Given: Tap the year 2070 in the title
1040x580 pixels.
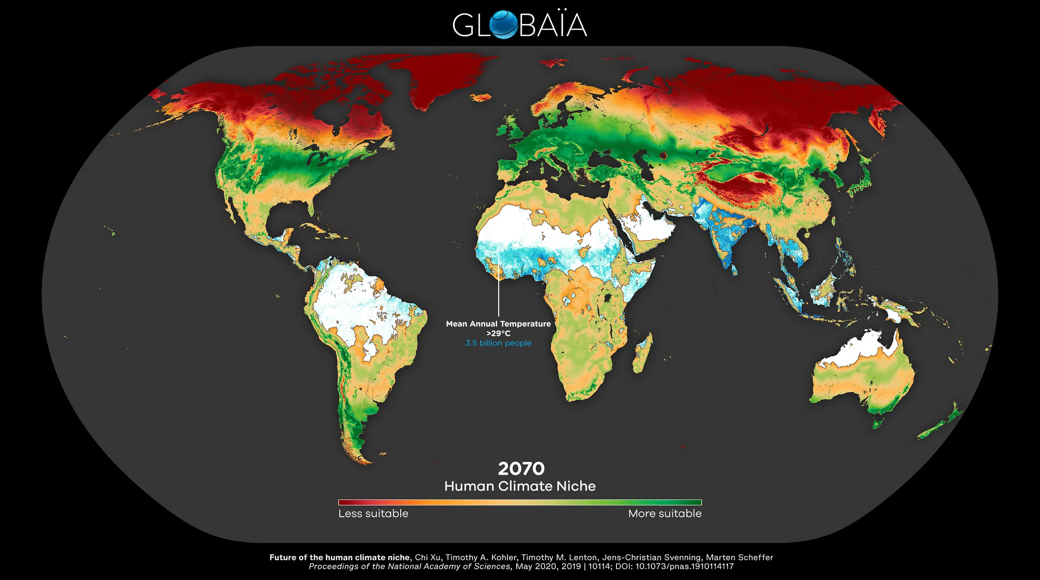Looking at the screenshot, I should pyautogui.click(x=521, y=469).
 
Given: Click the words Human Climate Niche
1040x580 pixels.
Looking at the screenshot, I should pyautogui.click(x=520, y=486).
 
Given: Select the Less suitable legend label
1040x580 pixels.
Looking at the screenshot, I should pyautogui.click(x=373, y=513).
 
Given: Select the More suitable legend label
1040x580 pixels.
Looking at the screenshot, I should pyautogui.click(x=664, y=513).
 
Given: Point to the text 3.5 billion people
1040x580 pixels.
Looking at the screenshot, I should pyautogui.click(x=498, y=343).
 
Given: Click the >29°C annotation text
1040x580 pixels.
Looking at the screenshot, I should pyautogui.click(x=498, y=333).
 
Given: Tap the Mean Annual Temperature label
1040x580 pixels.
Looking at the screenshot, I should pyautogui.click(x=498, y=324).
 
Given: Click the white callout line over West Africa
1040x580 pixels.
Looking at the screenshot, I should pyautogui.click(x=498, y=283).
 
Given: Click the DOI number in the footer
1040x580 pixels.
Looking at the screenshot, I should pyautogui.click(x=684, y=567).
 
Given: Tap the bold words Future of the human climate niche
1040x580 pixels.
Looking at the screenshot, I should pyautogui.click(x=339, y=558).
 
